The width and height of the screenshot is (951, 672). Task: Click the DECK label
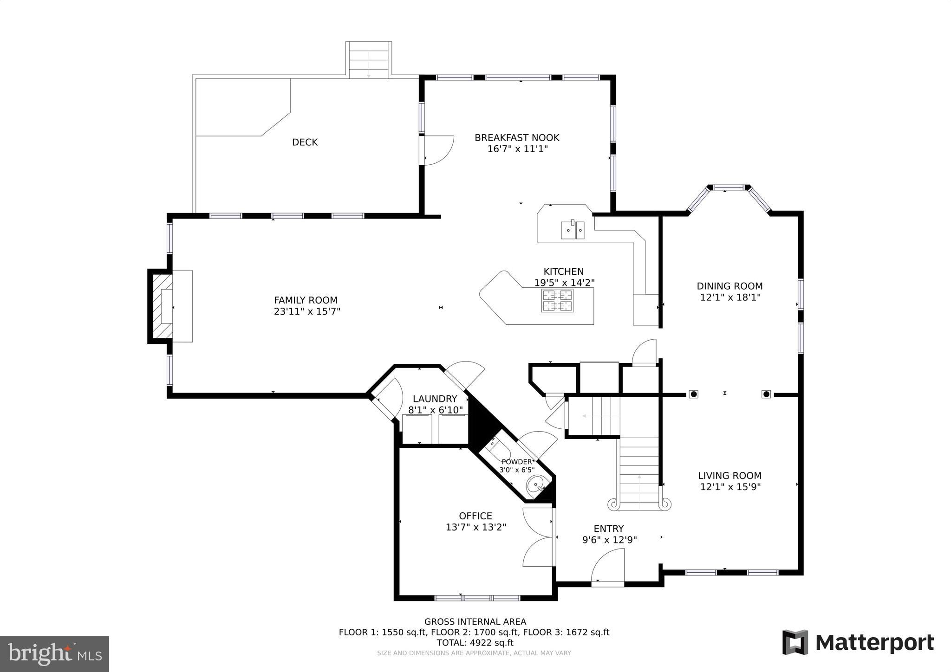pos(305,142)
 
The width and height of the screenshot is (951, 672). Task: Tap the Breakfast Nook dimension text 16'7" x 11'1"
pos(517,149)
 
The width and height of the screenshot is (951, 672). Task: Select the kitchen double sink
pos(573,230)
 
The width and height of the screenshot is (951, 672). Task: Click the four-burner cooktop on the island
pos(557,300)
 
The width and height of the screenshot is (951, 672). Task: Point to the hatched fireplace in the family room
pos(162,306)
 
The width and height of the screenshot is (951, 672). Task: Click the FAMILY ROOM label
pos(306,300)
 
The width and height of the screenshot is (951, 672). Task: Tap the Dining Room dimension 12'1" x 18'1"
pos(730,297)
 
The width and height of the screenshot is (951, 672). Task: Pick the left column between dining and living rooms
pos(693,394)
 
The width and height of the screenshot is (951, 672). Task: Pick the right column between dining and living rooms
pos(766,394)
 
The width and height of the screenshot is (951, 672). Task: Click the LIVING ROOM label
pos(730,475)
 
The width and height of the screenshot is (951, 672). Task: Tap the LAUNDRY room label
pos(435,399)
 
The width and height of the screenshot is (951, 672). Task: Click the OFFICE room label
pos(475,516)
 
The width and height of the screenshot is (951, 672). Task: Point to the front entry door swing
pos(608,566)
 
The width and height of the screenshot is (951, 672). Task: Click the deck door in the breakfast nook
pos(437,150)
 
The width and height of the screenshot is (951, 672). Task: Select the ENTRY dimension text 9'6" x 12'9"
pos(609,540)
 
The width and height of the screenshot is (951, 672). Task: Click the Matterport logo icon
pos(795,642)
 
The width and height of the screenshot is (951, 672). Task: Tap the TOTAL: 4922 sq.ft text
pos(475,643)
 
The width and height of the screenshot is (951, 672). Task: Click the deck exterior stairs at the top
pos(369,59)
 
